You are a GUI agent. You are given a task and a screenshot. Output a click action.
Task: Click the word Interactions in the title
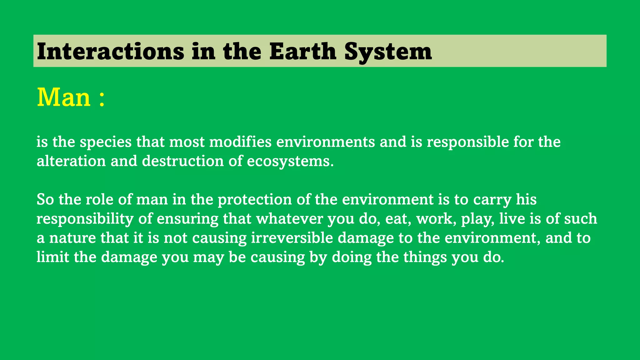[110, 51]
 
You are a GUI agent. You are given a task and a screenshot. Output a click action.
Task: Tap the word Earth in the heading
[302, 51]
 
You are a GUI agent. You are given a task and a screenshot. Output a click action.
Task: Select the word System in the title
[388, 52]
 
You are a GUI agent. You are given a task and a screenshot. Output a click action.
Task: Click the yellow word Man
[64, 97]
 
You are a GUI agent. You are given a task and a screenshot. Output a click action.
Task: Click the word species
[106, 142]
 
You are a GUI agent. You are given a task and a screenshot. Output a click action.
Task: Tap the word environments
[325, 142]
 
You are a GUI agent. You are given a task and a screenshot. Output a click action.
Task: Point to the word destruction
[183, 161]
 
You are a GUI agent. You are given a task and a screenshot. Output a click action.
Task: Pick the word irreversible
[292, 238]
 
